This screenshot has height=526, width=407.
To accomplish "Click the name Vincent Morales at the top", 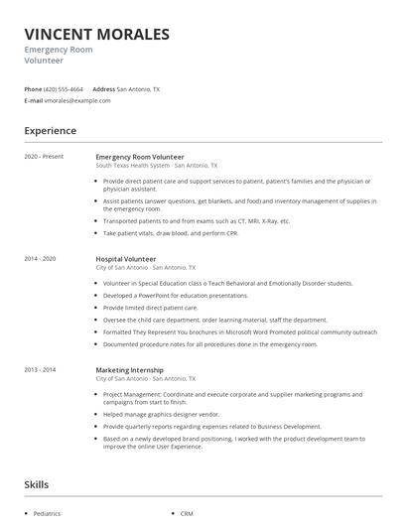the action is click(x=96, y=35).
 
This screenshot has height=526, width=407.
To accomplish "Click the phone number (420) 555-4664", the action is click(x=64, y=88).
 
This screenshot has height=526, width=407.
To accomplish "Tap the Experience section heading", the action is click(x=50, y=131).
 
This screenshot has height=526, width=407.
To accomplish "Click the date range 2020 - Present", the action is click(x=44, y=157).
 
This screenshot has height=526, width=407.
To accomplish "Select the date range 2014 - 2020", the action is click(x=41, y=259).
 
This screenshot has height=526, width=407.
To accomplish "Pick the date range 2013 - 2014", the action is click(x=41, y=370).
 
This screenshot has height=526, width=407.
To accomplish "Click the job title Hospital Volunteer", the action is click(x=125, y=259).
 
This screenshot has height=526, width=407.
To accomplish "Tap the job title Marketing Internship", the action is click(x=129, y=370).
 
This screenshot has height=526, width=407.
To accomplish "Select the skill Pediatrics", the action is click(x=47, y=514).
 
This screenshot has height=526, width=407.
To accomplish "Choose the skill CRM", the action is click(x=187, y=514).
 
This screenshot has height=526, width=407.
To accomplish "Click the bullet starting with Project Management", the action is click(x=233, y=394).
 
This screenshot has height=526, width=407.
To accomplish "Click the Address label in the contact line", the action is click(x=104, y=88).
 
